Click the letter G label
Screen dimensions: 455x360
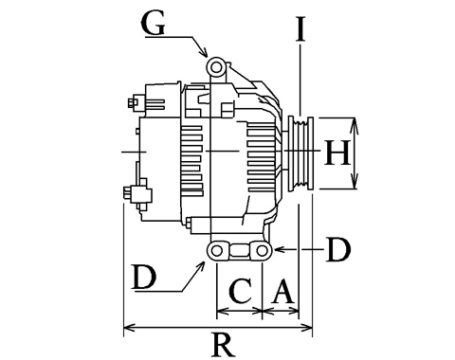click(x=153, y=24)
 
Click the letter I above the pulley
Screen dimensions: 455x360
click(x=300, y=29)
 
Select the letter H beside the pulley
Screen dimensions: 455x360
click(x=337, y=153)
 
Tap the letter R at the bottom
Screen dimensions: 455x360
click(x=224, y=344)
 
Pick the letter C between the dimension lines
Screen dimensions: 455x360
click(x=241, y=290)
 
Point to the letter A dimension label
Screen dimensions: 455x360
click(x=282, y=291)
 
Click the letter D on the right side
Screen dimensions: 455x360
click(x=338, y=249)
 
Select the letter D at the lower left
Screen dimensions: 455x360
click(x=144, y=278)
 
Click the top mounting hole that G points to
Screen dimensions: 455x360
click(x=216, y=67)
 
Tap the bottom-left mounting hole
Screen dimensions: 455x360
click(x=216, y=251)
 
